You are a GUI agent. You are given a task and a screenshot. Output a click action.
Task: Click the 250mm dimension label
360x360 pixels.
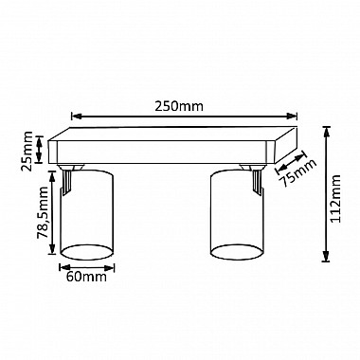coord(179,106)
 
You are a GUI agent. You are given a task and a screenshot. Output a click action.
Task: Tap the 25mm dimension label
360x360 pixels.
coord(27,151)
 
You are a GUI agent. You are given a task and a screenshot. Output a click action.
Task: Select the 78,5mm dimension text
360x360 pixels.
coord(42,212)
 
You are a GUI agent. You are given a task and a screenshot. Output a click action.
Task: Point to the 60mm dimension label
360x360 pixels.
coord(86,277)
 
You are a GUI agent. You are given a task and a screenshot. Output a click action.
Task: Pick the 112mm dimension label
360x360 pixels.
coord(334,199)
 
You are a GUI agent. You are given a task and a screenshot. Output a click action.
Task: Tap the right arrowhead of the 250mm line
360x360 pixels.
coord(292,117)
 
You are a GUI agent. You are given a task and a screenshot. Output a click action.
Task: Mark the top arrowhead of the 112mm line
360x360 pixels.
coord(326,132)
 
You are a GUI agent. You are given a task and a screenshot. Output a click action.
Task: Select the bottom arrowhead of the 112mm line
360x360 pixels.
coord(326,256)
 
